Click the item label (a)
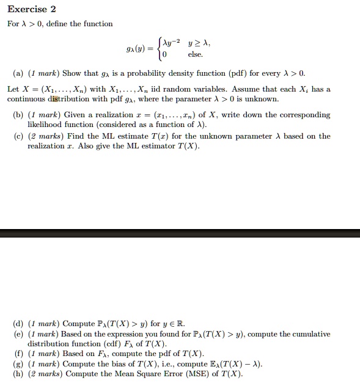[x=18, y=73]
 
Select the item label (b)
[x=18, y=115]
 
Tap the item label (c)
[x=18, y=136]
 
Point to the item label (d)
[x=18, y=324]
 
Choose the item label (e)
[x=18, y=334]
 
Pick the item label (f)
[x=18, y=354]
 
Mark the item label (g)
[x=18, y=364]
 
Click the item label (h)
[x=18, y=374]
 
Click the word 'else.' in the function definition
[x=196, y=55]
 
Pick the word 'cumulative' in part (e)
[x=310, y=334]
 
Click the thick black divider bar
[x=180, y=233]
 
